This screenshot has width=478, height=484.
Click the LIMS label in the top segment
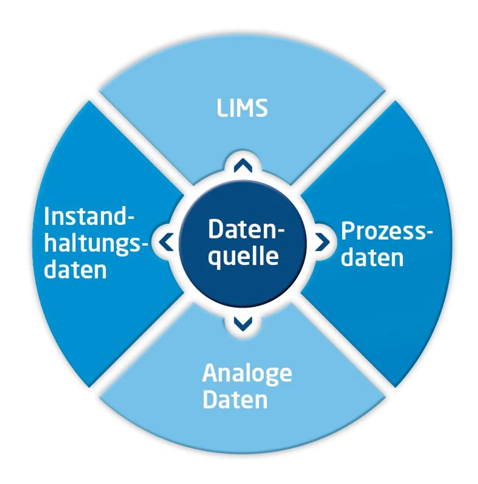click(242, 108)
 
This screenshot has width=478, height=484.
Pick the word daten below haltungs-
click(76, 270)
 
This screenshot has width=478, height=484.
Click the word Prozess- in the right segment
click(386, 231)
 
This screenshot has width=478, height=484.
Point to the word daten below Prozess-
click(372, 258)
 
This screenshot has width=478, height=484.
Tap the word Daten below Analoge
click(235, 399)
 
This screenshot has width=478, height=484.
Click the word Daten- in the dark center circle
click(247, 230)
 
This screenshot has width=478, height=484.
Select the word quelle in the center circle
click(243, 256)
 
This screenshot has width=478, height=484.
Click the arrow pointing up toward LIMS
click(243, 166)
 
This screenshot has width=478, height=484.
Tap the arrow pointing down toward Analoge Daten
click(243, 323)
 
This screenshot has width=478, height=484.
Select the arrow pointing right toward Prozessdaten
click(322, 241)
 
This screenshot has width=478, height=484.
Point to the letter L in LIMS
click(222, 108)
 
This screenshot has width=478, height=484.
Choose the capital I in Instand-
click(47, 217)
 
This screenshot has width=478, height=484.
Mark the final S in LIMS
click(261, 108)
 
